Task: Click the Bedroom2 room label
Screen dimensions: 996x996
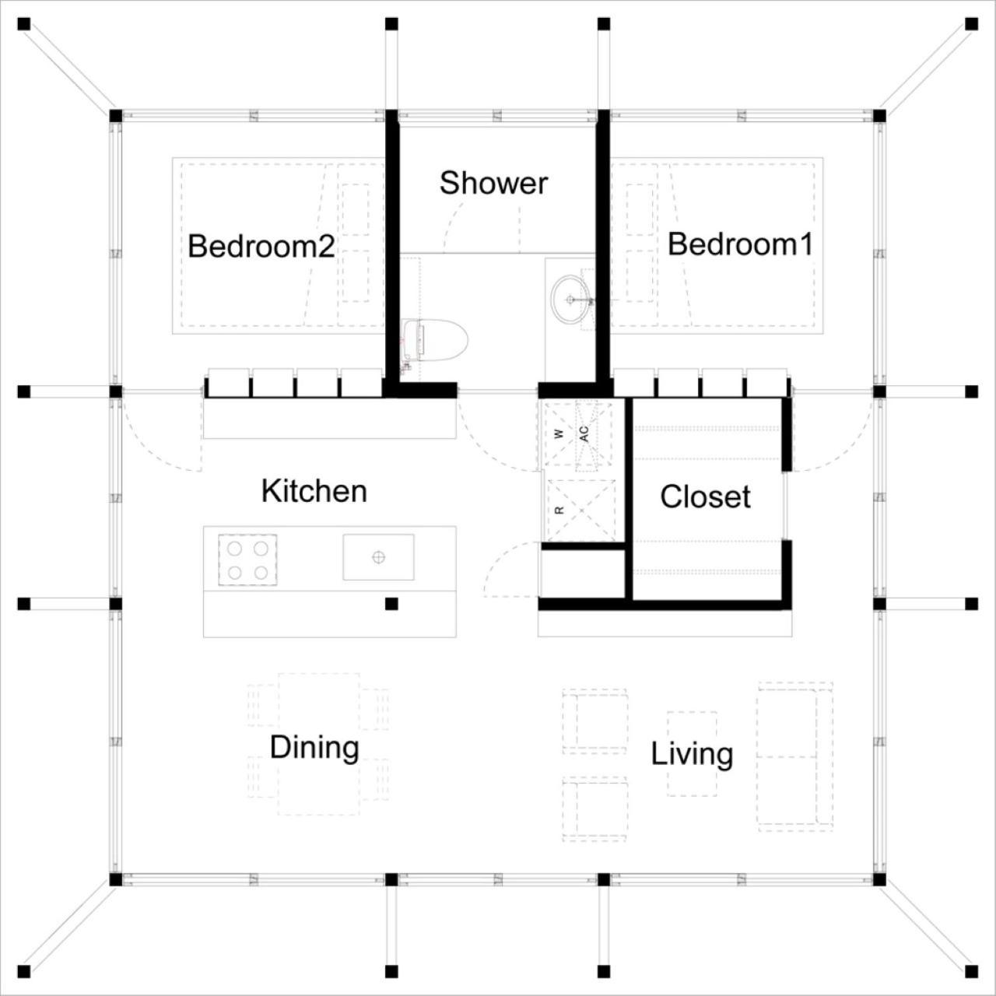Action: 261,247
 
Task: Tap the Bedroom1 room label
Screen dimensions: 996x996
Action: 740,244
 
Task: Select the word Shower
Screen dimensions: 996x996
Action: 493,183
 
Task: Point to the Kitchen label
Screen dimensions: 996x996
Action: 314,491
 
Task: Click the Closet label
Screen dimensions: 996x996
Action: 705,496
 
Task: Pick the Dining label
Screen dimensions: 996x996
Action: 314,748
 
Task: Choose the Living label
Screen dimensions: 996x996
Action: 692,755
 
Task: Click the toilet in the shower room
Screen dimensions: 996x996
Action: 435,340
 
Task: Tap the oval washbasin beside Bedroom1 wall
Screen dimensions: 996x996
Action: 570,300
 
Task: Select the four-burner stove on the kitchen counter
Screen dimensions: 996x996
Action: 247,559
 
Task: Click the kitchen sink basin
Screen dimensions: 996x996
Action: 378,556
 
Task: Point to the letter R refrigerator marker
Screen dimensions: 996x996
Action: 559,510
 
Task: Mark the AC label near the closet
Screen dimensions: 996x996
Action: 584,433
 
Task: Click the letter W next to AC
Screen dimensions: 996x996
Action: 559,434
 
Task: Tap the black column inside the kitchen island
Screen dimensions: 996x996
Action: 391,603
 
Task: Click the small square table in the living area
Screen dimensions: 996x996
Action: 692,754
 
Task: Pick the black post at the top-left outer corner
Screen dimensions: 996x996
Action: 24,24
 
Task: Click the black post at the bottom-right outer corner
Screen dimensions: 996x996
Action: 972,972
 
